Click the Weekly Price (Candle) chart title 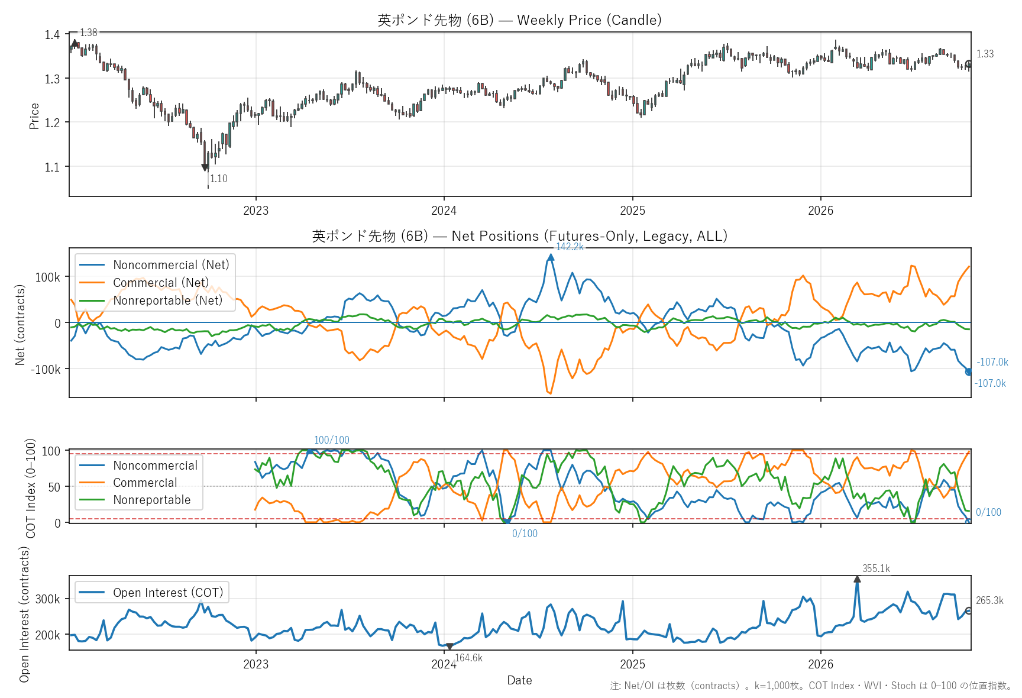(519, 20)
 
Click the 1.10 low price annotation (219, 179)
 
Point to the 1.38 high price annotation (89, 33)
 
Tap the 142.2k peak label (570, 247)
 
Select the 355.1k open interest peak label (876, 568)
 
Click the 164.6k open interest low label (468, 658)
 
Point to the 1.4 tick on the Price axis (52, 34)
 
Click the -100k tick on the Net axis (46, 369)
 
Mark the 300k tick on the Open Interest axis (48, 599)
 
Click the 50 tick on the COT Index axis (54, 487)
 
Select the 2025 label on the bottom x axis (632, 664)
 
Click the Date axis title (519, 680)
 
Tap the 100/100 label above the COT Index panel (332, 440)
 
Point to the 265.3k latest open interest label (989, 600)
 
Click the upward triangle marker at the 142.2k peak (551, 257)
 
